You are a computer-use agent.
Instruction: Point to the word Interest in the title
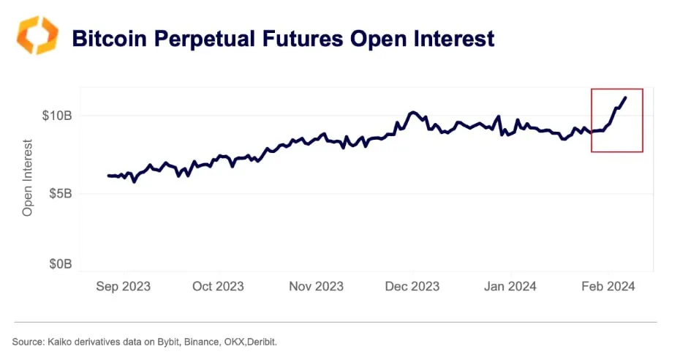449,38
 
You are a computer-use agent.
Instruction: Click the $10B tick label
56,116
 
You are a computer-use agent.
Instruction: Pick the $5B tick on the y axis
59,194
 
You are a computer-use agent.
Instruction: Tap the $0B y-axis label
59,263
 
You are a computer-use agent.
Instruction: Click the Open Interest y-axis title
29,177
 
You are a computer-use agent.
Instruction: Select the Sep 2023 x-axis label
123,286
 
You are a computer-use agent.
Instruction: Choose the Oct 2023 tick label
218,286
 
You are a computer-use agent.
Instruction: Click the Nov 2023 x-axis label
316,286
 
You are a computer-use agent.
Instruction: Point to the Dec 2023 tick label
412,286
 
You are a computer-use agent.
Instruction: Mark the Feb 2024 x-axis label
607,286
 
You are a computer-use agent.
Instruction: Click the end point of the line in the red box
625,97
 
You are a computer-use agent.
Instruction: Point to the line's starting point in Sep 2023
108,176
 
